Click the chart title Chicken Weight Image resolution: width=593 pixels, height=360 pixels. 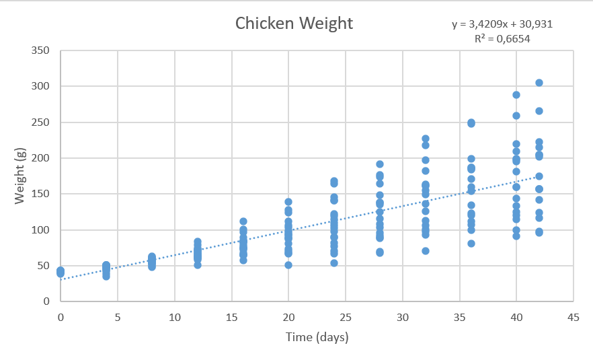point(294,23)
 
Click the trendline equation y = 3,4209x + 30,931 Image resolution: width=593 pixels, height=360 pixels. point(503,24)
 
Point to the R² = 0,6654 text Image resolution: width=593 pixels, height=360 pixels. point(502,38)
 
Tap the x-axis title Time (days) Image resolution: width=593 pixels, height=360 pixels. point(317,336)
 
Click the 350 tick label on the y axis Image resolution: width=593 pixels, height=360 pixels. point(42,50)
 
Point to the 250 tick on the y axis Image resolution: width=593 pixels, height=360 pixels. point(42,122)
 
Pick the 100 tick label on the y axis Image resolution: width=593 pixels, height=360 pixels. point(42,230)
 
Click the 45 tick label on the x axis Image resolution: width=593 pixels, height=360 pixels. point(574,316)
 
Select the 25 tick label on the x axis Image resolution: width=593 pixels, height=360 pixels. point(346,316)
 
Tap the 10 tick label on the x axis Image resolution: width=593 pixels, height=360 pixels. point(175,316)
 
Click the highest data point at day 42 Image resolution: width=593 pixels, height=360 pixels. point(539,83)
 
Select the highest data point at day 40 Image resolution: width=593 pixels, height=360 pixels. point(516,95)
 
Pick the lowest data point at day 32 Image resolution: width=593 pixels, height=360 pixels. point(426,251)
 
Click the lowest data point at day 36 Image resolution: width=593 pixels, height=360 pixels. point(471,244)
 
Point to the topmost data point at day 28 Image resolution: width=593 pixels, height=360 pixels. point(380,164)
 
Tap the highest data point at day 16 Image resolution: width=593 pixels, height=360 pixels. point(243,221)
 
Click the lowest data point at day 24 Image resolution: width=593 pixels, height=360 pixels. point(334,263)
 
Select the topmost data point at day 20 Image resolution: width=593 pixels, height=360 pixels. point(288,202)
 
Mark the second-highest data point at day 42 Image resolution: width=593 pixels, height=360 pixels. point(539,111)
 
